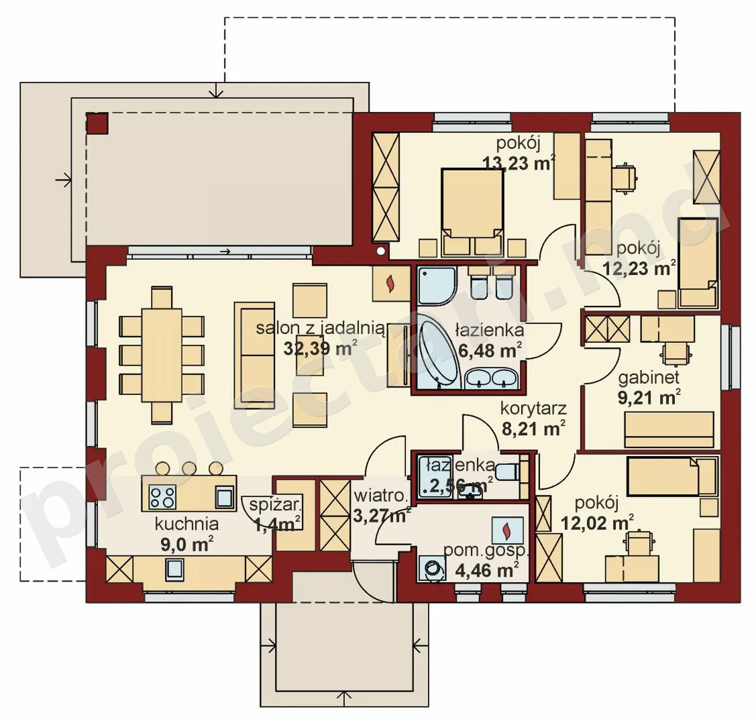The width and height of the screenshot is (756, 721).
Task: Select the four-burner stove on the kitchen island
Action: [162, 497]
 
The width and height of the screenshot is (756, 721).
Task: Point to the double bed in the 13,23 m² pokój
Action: [472, 211]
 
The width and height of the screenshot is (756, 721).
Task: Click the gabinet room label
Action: [649, 378]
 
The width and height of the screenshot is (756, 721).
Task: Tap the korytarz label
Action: [533, 408]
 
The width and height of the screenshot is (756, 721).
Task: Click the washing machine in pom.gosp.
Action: [433, 568]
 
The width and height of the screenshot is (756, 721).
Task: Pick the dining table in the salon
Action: [162, 355]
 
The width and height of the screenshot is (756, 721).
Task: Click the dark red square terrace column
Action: [97, 123]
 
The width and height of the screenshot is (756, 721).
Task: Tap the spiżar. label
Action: [275, 505]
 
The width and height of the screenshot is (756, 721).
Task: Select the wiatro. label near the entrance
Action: [381, 496]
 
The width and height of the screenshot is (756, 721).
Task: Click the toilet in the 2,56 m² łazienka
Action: [507, 472]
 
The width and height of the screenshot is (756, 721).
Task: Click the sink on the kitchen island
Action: [225, 497]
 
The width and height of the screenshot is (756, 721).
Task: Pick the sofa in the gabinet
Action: [669, 429]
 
